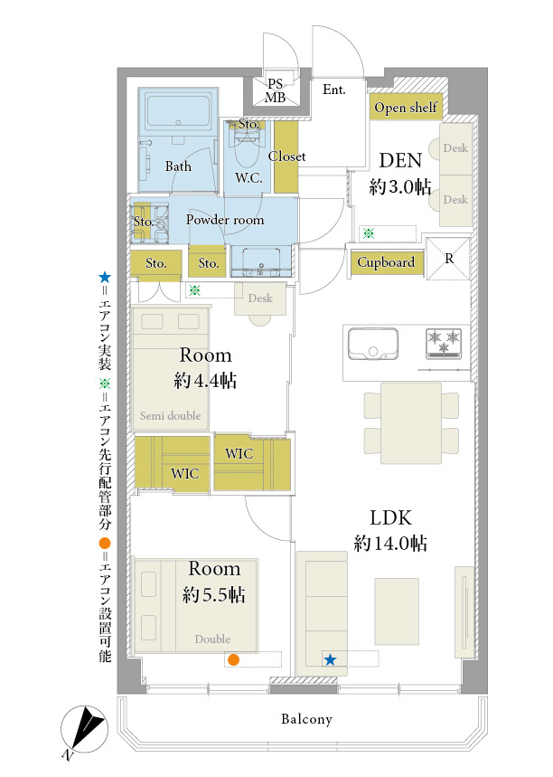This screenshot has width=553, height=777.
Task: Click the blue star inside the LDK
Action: pyautogui.click(x=330, y=659)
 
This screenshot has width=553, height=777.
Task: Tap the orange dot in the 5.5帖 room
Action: pyautogui.click(x=234, y=659)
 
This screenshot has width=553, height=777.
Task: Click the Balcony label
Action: pyautogui.click(x=306, y=719)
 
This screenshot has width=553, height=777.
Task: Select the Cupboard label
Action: pyautogui.click(x=386, y=262)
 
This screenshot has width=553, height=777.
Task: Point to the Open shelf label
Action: pyautogui.click(x=406, y=107)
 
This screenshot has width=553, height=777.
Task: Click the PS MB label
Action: pyautogui.click(x=276, y=91)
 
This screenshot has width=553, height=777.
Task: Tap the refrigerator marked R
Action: pyautogui.click(x=447, y=259)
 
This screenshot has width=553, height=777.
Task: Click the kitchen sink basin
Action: pyautogui.click(x=373, y=343)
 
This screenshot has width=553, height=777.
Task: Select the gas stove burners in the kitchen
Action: pyautogui.click(x=444, y=343)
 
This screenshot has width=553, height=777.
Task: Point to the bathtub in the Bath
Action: pyautogui.click(x=178, y=112)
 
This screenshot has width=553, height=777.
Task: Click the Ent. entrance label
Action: pyautogui.click(x=334, y=90)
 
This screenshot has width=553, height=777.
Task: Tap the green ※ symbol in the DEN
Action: pyautogui.click(x=369, y=232)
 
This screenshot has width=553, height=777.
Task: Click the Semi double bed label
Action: pyautogui.click(x=170, y=416)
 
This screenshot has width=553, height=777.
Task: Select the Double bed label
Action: pyautogui.click(x=213, y=640)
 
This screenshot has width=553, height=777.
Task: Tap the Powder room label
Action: pyautogui.click(x=225, y=220)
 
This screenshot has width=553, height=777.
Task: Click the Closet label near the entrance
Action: pyautogui.click(x=286, y=156)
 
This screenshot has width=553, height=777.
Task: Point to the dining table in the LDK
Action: pyautogui.click(x=411, y=423)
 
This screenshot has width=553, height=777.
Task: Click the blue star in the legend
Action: pyautogui.click(x=105, y=278)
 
